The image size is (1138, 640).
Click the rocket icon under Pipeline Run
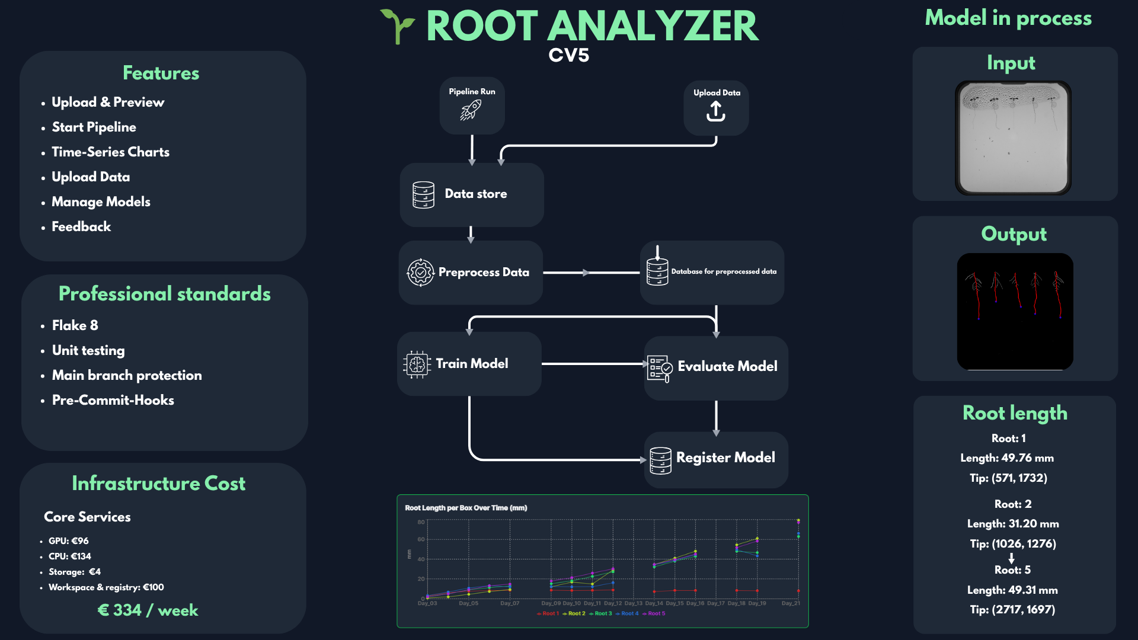(471, 110)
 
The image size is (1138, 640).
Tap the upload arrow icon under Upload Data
(716, 111)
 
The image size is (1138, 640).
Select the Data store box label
(475, 194)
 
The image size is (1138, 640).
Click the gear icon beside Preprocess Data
(420, 273)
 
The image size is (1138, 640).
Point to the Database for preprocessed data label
(724, 271)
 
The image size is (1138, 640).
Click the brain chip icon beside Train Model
(417, 364)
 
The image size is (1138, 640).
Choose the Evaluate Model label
(727, 366)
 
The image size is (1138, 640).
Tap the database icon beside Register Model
(660, 460)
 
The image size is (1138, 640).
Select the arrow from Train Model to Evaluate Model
(593, 364)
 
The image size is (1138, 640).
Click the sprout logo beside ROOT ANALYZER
(397, 26)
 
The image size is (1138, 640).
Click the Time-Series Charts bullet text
(110, 152)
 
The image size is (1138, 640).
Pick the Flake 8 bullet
(75, 325)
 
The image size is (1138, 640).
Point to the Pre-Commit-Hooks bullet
(113, 400)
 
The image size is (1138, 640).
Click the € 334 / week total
(148, 610)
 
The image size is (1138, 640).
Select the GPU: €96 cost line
(68, 541)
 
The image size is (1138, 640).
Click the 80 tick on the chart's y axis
(421, 522)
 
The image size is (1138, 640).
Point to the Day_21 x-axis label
(791, 603)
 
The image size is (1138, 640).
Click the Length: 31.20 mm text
(1013, 524)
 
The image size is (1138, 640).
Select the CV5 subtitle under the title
(568, 55)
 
